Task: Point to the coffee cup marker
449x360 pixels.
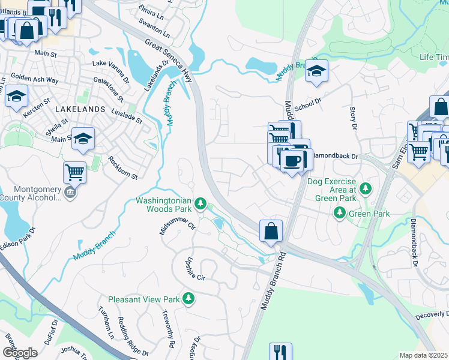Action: pyautogui.click(x=292, y=161)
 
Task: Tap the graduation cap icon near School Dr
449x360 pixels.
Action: pyautogui.click(x=316, y=72)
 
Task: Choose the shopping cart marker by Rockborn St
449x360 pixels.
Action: pyautogui.click(x=74, y=173)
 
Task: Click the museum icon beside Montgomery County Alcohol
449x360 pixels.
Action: pyautogui.click(x=71, y=193)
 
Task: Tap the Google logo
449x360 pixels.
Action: pyautogui.click(x=19, y=352)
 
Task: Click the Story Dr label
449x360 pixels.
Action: pyautogui.click(x=353, y=118)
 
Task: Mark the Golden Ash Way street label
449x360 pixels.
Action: pyautogui.click(x=34, y=80)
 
